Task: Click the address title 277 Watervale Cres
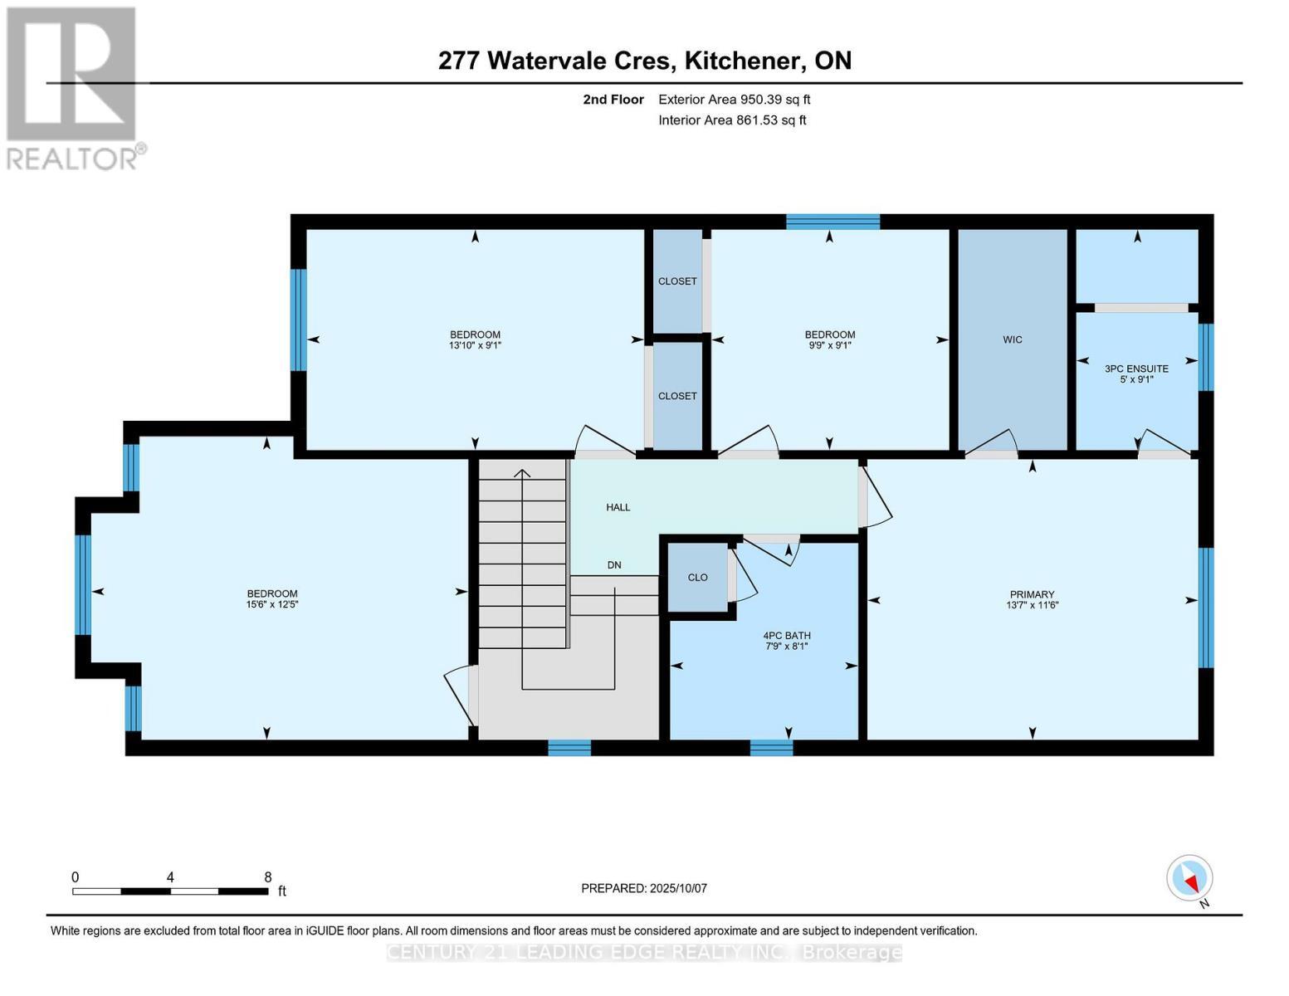point(644,61)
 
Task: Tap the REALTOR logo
point(73,87)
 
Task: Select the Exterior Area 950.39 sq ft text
point(734,100)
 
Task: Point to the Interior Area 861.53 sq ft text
point(732,120)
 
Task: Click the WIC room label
point(1012,339)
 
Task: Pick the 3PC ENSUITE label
point(1136,369)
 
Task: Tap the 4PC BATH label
point(787,636)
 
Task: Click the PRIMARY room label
point(1032,594)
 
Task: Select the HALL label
point(618,507)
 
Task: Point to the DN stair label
point(614,565)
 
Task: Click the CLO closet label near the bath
point(697,578)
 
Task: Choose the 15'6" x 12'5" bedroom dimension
point(272,605)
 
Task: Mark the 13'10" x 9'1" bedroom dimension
point(475,346)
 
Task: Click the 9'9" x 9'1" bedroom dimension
point(829,346)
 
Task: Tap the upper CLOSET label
point(677,281)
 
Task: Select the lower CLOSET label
point(677,396)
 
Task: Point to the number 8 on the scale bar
point(267,877)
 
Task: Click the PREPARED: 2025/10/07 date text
point(644,888)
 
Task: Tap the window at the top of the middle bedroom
point(832,222)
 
